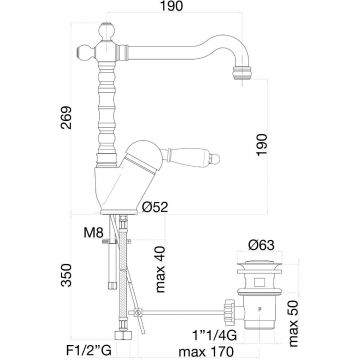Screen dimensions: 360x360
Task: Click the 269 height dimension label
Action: [x=66, y=118]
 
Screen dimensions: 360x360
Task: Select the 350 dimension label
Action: [x=66, y=275]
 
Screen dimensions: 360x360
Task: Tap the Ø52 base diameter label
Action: [x=155, y=207]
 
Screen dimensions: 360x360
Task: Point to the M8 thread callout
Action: [x=94, y=233]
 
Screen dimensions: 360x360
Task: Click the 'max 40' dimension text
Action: [x=160, y=269]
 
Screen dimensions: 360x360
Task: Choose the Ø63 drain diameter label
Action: [x=261, y=245]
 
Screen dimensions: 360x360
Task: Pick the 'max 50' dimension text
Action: [x=293, y=323]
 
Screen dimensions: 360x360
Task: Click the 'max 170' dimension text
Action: [x=205, y=351]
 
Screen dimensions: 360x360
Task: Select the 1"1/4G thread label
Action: [x=214, y=335]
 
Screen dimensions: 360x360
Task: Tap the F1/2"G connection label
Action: [x=88, y=351]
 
